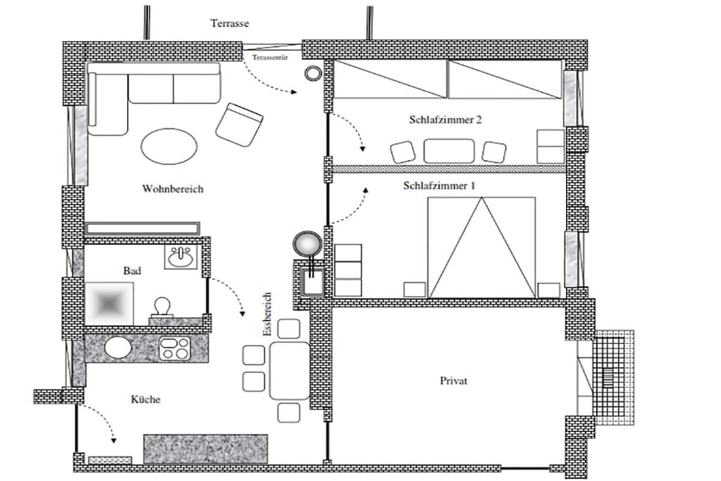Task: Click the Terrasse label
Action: (x=230, y=23)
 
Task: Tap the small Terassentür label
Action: (x=270, y=58)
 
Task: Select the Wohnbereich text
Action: (x=173, y=189)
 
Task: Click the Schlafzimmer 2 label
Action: (x=446, y=120)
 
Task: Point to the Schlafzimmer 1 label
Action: (x=439, y=186)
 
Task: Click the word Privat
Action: (x=454, y=381)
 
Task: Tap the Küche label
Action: (x=146, y=399)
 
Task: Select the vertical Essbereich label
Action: (x=267, y=314)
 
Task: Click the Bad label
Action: (x=132, y=271)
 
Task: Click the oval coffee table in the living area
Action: (x=169, y=146)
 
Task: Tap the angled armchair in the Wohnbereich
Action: (x=239, y=125)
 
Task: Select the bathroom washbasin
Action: (x=182, y=256)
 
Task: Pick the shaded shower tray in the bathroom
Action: (x=109, y=304)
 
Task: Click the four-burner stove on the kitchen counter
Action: (x=175, y=348)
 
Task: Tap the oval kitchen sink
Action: (x=118, y=347)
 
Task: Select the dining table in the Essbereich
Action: (x=289, y=370)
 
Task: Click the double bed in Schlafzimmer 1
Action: (x=482, y=247)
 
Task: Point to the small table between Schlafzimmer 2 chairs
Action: (x=449, y=151)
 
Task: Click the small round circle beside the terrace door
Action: (x=313, y=73)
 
